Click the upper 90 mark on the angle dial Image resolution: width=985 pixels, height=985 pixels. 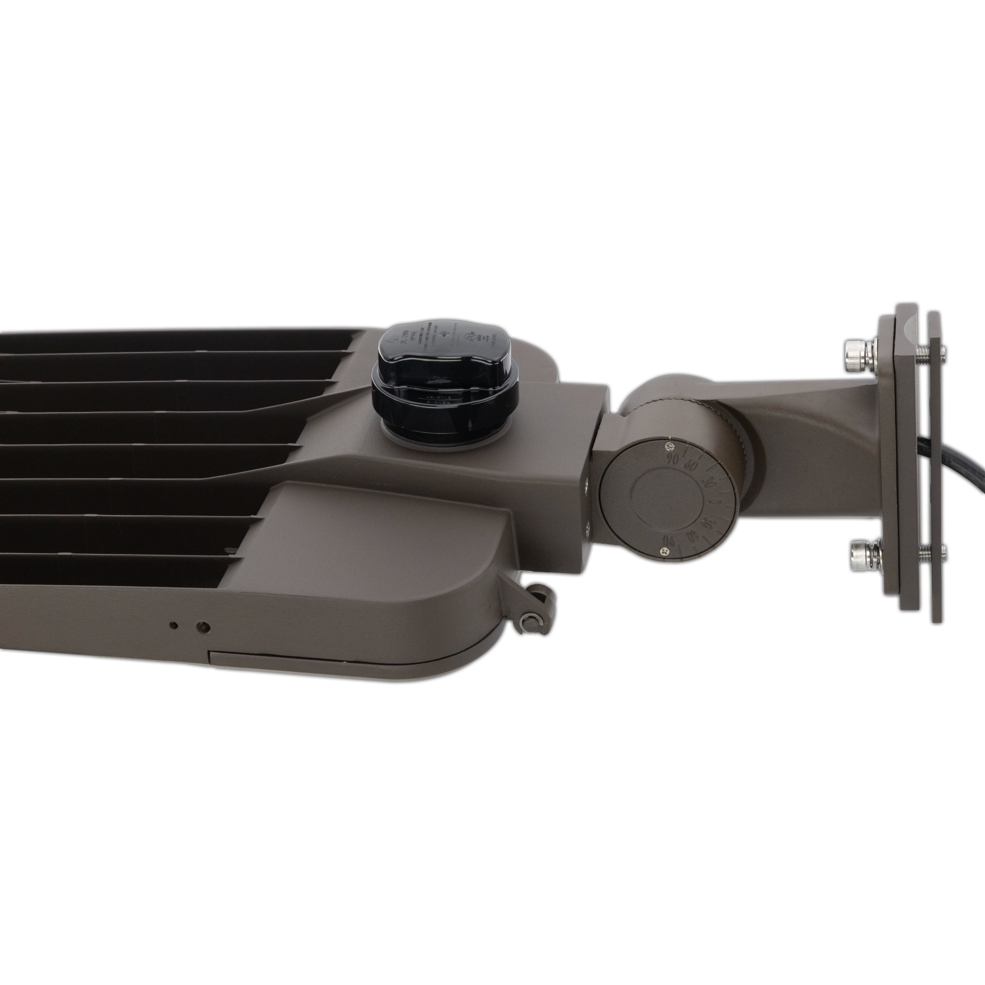[x=672, y=458]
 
